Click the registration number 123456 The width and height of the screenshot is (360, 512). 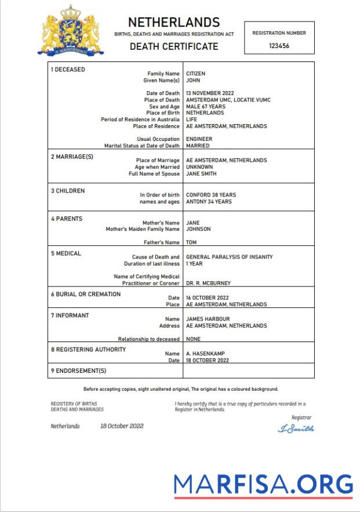279,46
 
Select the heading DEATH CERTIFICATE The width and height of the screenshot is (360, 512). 174,46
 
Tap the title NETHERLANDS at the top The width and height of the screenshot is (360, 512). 174,23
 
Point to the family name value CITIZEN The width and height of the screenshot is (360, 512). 195,74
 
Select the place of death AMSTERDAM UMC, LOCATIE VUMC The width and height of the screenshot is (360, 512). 228,100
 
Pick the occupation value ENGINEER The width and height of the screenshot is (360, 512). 199,139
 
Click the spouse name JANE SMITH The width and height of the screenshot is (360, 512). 201,173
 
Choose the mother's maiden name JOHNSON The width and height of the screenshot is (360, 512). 198,229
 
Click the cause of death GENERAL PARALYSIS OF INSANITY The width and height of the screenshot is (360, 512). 229,257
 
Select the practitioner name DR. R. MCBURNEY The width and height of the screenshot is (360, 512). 208,283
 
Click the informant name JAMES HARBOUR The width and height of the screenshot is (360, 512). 208,319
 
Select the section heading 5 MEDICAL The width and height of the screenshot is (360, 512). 66,253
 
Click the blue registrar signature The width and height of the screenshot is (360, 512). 296,429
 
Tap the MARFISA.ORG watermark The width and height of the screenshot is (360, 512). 263,484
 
